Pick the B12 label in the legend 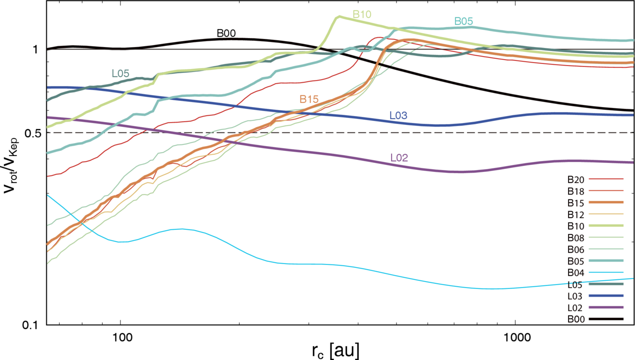point(576,215)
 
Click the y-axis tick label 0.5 point(33,133)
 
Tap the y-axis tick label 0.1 point(31,325)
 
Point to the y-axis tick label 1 point(35,49)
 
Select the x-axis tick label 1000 point(515,337)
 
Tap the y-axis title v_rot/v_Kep point(11,166)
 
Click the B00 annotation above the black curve point(226,33)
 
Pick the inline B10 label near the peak point(362,14)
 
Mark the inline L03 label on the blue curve point(398,115)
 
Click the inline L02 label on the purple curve point(399,157)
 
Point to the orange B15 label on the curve point(309,99)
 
